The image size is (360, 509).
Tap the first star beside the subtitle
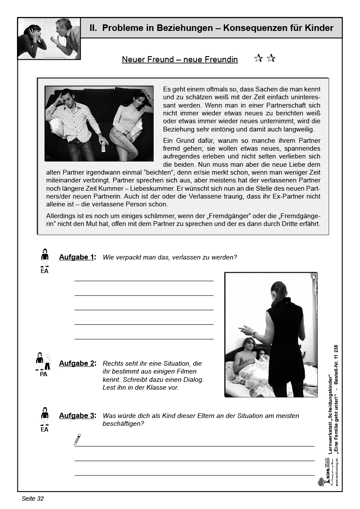pos(258,58)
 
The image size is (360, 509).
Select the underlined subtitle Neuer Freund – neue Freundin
pos(180,60)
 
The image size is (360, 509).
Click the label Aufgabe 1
pos(77,257)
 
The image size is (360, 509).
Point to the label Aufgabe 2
pos(77,363)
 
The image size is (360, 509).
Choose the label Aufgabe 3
pos(77,415)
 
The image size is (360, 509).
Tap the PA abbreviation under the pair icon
pos(44,374)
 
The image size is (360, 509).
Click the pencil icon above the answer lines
pos(77,439)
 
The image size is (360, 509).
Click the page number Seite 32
pos(33,499)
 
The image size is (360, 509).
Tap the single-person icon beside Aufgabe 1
pos(44,258)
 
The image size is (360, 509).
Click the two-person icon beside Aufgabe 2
pos(44,361)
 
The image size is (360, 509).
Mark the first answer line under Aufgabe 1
pos(144,281)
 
